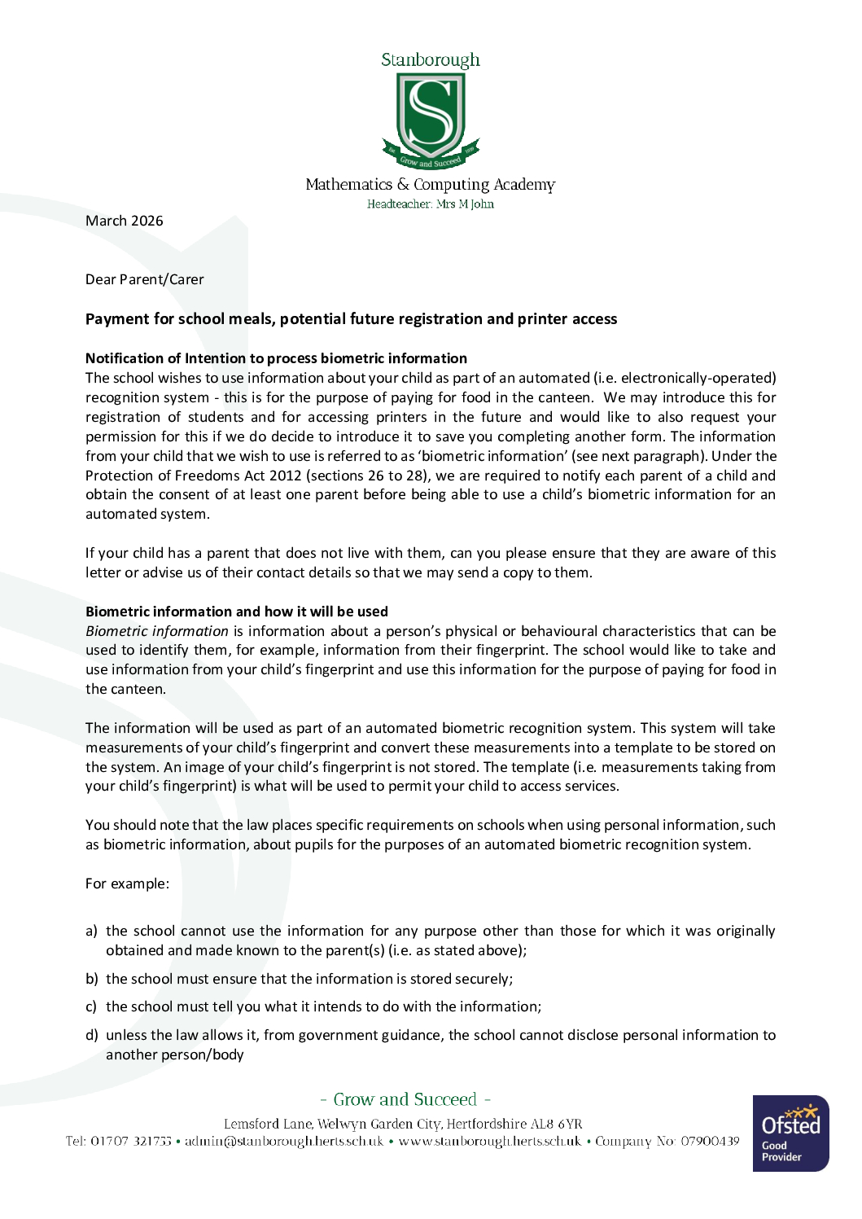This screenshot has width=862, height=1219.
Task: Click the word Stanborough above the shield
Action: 431,60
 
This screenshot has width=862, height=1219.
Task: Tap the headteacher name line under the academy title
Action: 431,204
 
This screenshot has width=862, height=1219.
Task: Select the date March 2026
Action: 125,221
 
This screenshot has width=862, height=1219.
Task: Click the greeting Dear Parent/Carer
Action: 145,279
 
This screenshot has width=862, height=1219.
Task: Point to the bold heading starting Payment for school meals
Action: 351,319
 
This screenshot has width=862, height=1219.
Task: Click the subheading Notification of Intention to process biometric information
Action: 276,358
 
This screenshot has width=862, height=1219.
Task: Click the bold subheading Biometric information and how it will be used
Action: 237,612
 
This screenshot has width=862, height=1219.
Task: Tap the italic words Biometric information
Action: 157,631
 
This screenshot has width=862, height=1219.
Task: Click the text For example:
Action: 128,884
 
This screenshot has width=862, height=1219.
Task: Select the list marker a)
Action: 91,931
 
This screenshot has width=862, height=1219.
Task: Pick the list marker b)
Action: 91,979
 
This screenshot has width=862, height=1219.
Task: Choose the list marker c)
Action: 91,1006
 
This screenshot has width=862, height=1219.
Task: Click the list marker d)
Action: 91,1035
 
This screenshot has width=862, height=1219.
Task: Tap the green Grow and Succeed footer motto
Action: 405,1099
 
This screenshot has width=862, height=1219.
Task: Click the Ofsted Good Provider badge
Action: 790,1133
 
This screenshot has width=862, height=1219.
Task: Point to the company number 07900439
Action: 710,1141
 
